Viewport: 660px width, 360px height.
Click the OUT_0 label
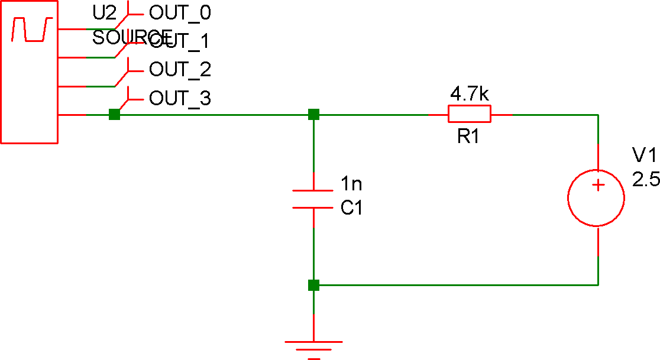coord(180,12)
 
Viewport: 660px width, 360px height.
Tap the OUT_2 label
coord(180,70)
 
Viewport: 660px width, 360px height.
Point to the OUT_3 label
coord(180,98)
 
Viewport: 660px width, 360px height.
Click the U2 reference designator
coord(105,12)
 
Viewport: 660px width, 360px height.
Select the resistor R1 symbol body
coord(469,113)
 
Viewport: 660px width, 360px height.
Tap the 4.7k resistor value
coord(470,94)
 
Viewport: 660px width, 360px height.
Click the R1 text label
coord(468,138)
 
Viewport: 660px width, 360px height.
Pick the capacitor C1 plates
coord(313,199)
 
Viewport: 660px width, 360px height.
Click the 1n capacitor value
coord(351,184)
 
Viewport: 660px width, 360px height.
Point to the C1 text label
coord(351,209)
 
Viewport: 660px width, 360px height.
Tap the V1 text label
coord(644,155)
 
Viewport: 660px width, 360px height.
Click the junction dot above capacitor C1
coord(313,114)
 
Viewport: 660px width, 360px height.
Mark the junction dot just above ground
coord(313,286)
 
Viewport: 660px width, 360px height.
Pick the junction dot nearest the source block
coord(114,114)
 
